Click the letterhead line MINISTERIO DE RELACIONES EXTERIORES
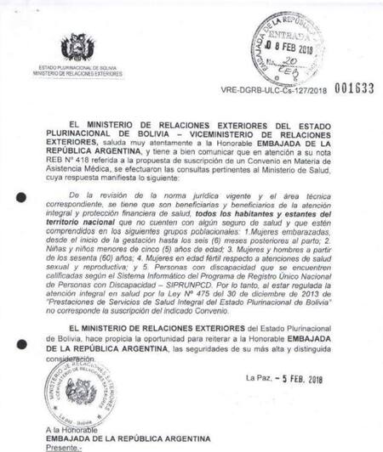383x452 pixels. pos(78,74)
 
